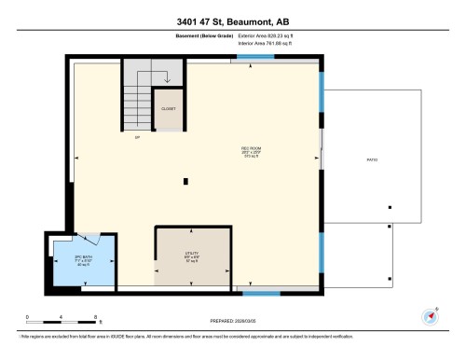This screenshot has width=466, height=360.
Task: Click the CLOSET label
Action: pos(168,109)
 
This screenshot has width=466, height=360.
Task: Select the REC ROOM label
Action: pos(249,149)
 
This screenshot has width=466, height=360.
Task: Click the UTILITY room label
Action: pos(191,253)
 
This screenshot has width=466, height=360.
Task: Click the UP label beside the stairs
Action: pos(137,136)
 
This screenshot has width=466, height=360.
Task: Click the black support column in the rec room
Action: pos(186,181)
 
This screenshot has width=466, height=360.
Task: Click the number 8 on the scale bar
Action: pos(96,318)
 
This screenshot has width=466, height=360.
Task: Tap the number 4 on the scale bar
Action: pos(62,318)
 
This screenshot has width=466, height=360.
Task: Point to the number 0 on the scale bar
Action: pos(28,318)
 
